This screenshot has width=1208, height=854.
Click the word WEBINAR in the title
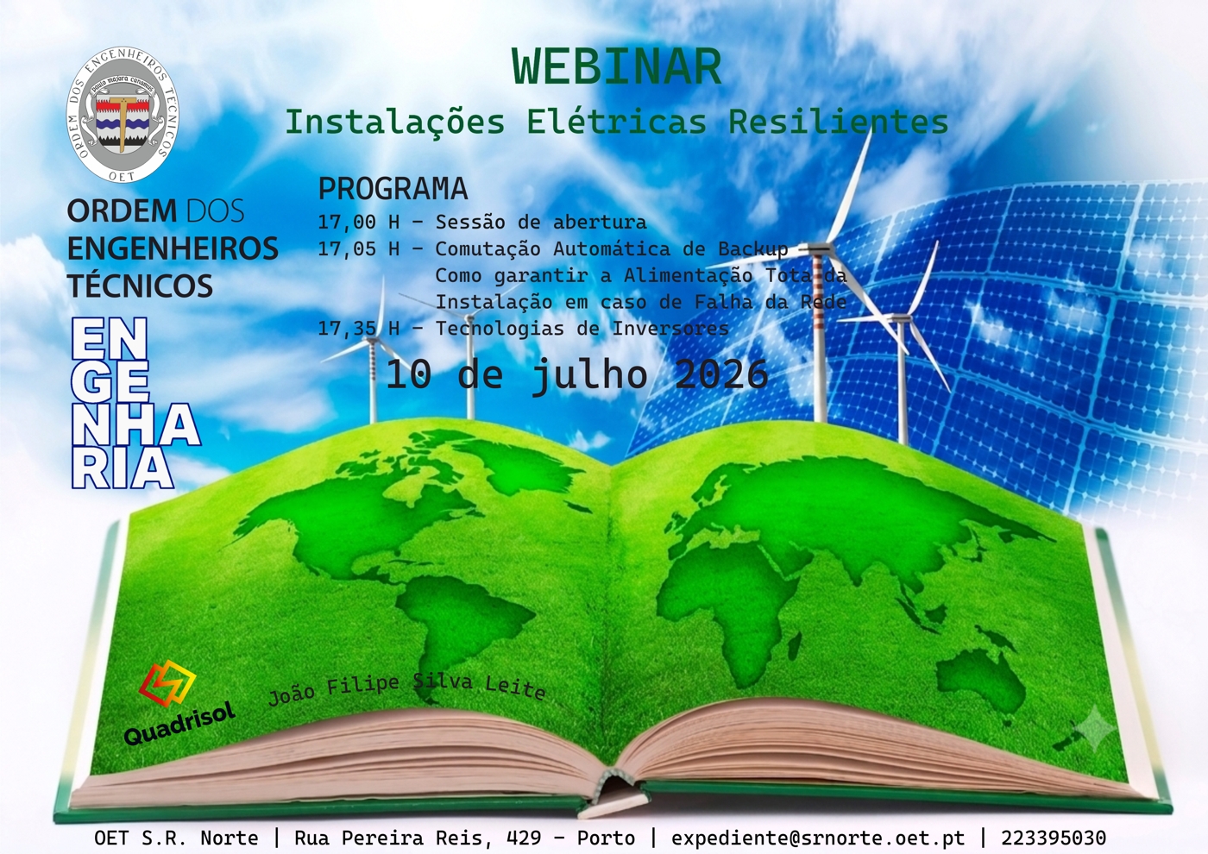tap(616, 66)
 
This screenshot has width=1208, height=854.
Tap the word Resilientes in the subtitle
tap(838, 122)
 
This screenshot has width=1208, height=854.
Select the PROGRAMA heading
tap(393, 188)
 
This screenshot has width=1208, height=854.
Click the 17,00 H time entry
tap(359, 222)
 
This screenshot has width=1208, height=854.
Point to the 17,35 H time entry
tap(359, 329)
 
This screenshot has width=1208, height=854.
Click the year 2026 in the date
tap(721, 374)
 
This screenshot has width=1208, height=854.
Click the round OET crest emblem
tap(123, 114)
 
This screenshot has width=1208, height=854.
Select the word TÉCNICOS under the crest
tap(140, 286)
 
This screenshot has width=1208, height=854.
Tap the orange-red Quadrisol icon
tap(167, 686)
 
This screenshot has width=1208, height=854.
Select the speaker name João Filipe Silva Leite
tap(406, 688)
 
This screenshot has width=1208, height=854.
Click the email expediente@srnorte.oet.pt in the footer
tap(818, 838)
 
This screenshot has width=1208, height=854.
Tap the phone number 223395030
tap(1054, 838)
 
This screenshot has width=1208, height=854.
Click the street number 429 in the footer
tap(524, 838)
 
